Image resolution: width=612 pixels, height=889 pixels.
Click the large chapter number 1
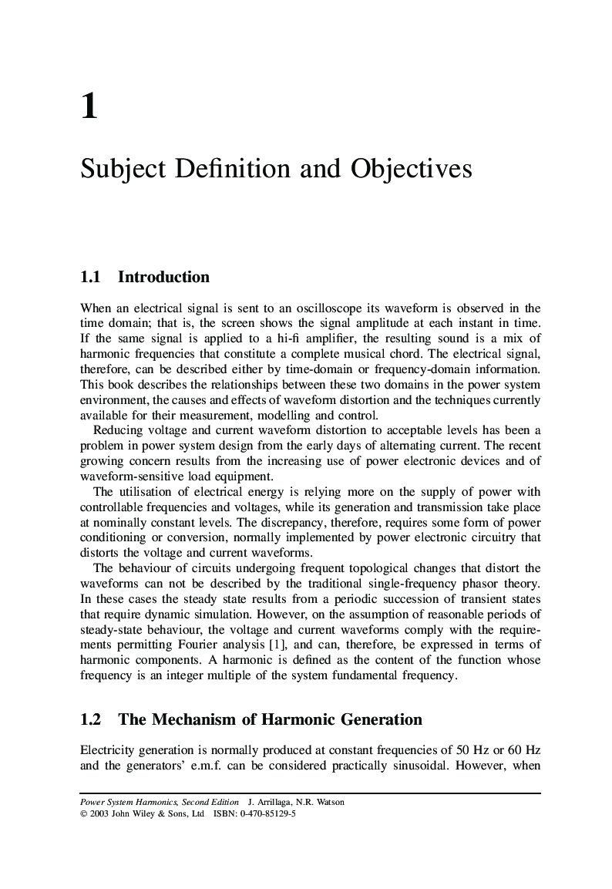tap(89, 106)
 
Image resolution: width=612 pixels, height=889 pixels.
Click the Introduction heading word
tap(163, 277)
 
